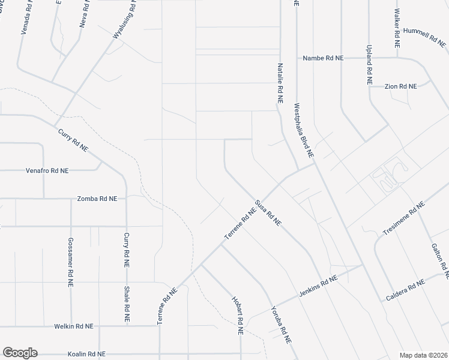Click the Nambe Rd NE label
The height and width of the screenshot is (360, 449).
[x=323, y=58]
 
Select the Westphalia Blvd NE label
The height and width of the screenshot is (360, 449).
[x=304, y=130]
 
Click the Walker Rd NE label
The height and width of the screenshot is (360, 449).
[x=397, y=28]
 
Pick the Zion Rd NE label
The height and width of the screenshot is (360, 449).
[x=400, y=86]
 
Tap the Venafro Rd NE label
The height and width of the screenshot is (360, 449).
[x=47, y=170]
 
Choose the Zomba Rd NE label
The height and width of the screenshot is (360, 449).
[x=97, y=198]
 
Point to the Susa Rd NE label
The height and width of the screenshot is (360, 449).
[x=268, y=213]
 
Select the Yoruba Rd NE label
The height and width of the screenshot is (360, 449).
[x=280, y=325]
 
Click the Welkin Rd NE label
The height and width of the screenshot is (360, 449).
[x=73, y=326]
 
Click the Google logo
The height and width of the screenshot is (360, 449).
[x=20, y=353]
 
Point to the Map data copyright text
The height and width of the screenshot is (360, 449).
[x=423, y=355]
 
